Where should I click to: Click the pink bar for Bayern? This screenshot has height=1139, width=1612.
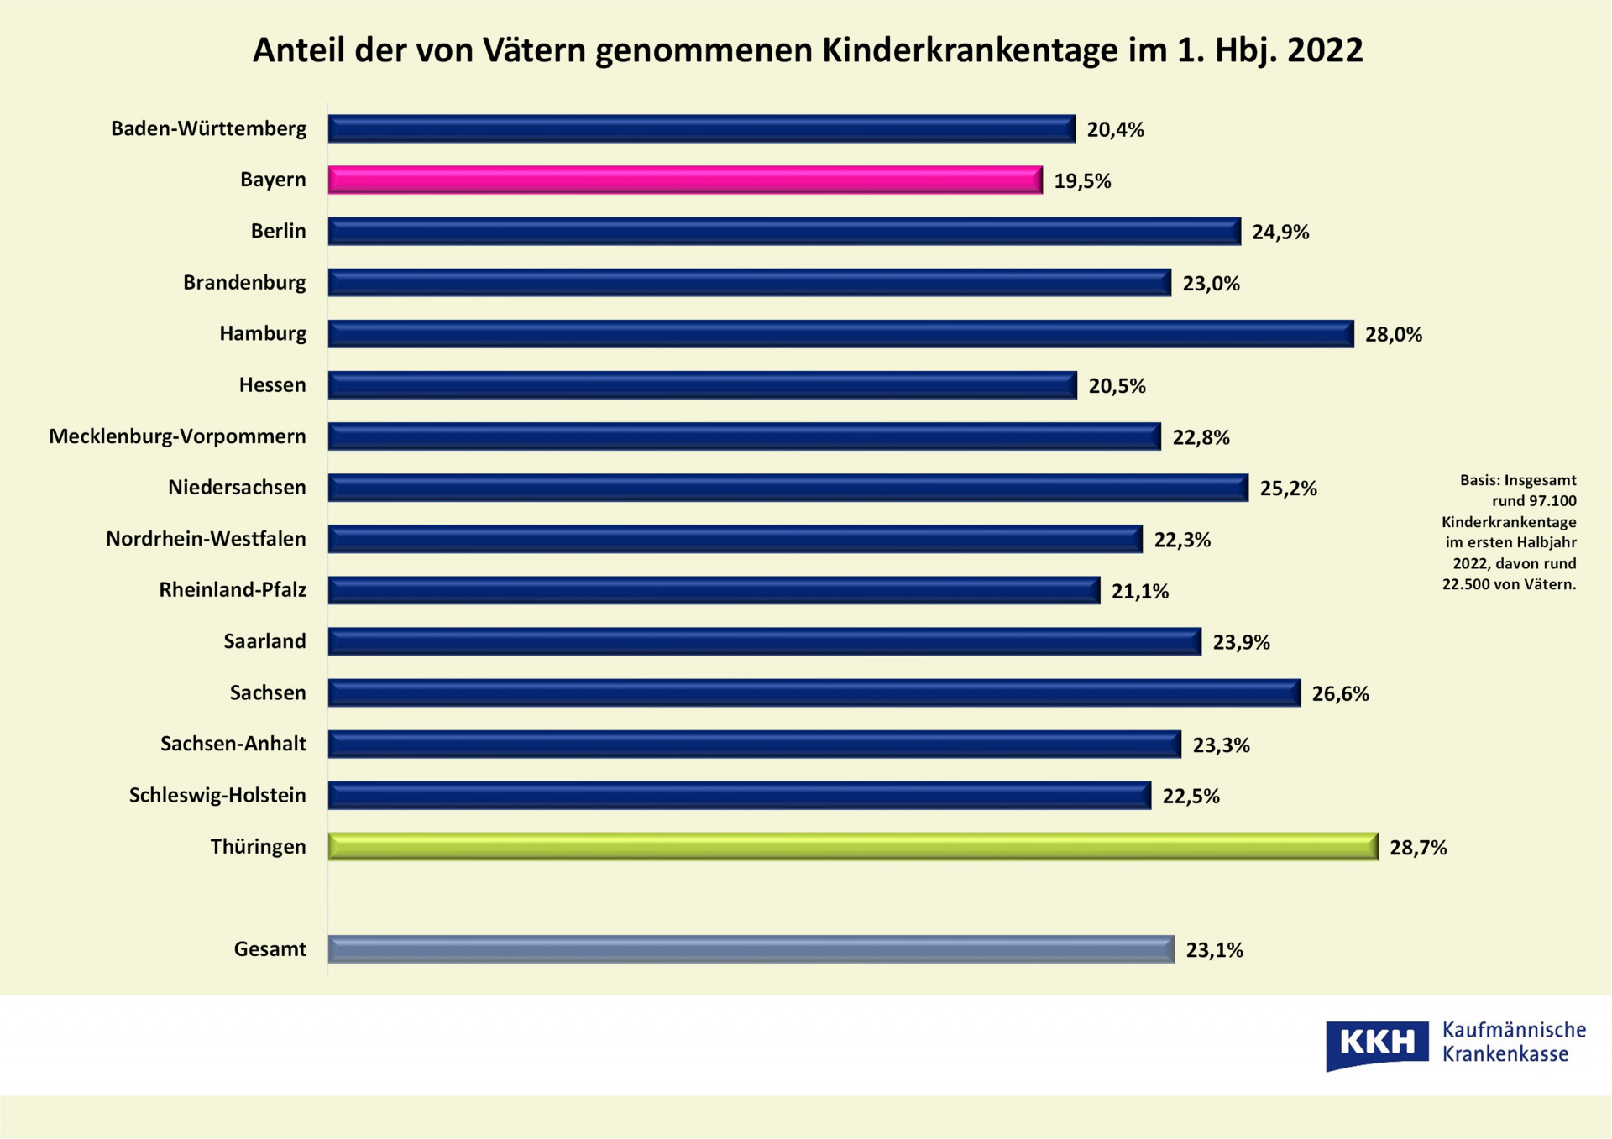tap(684, 180)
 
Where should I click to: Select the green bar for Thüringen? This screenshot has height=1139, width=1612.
tap(852, 846)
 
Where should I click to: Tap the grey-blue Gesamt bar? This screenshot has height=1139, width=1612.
tap(751, 949)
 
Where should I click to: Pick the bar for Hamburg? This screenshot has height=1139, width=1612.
tap(840, 334)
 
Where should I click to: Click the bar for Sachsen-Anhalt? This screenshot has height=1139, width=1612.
tap(754, 745)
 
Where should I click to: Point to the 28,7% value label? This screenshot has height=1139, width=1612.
tap(1418, 848)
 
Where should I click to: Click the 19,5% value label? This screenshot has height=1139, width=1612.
tap(1082, 181)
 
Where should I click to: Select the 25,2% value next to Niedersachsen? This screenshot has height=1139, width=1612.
tap(1288, 489)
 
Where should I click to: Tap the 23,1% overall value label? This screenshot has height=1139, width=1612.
tap(1214, 950)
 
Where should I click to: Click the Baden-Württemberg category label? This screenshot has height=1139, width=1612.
tap(208, 129)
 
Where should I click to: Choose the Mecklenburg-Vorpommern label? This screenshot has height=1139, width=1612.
tap(177, 436)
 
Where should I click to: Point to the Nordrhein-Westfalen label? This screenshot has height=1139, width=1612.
tap(206, 539)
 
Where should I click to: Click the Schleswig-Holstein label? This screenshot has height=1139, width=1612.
tap(217, 796)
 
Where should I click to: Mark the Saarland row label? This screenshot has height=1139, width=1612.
tap(264, 641)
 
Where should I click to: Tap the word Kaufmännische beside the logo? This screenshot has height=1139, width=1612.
tap(1514, 1030)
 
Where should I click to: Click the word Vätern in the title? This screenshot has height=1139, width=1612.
tap(534, 50)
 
